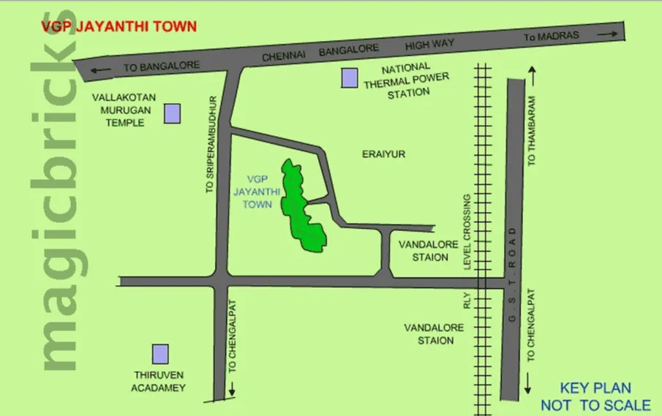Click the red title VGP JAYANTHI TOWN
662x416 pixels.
pos(119,27)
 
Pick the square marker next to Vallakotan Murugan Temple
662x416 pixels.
pos(172,113)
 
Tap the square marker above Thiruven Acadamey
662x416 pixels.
pos(160,354)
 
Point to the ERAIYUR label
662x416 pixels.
pos(383,154)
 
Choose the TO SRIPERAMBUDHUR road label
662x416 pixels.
pos(210,144)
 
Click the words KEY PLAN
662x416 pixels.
pos(595,389)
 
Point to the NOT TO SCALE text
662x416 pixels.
pos(595,405)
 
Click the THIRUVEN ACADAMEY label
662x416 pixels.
pos(158,382)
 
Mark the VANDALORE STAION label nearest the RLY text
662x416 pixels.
pos(434,334)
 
